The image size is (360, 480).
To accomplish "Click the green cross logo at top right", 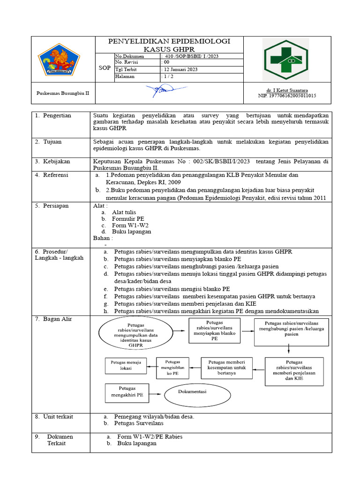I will click(x=285, y=60).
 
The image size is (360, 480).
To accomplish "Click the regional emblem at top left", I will click(x=59, y=60).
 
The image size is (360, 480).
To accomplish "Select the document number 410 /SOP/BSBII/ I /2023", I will click(x=190, y=56).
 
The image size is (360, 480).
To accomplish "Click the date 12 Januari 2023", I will click(x=180, y=69).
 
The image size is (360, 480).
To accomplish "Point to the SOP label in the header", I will click(x=105, y=68).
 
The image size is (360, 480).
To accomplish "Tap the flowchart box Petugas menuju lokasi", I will click(x=126, y=365).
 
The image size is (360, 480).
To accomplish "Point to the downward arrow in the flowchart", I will click(x=288, y=348).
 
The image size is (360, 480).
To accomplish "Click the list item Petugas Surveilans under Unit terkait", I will click(x=139, y=423).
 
